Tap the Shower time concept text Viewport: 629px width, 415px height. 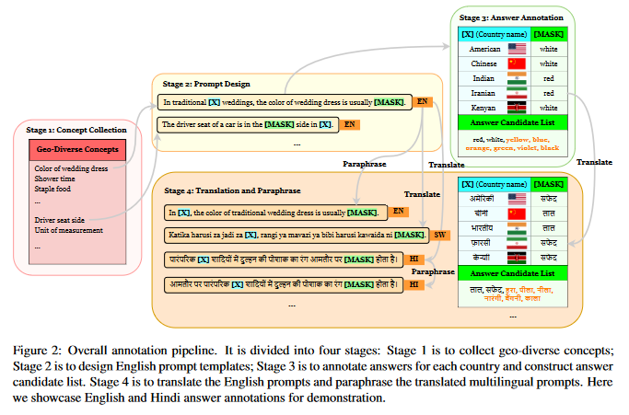(x=57, y=179)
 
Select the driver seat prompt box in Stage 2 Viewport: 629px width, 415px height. (x=246, y=123)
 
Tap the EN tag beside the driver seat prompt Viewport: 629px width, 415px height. (x=350, y=123)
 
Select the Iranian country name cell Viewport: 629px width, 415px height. (x=484, y=93)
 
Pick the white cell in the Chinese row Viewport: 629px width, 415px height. (x=549, y=63)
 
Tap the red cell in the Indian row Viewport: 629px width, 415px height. (x=549, y=78)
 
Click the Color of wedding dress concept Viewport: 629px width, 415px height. (x=72, y=168)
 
